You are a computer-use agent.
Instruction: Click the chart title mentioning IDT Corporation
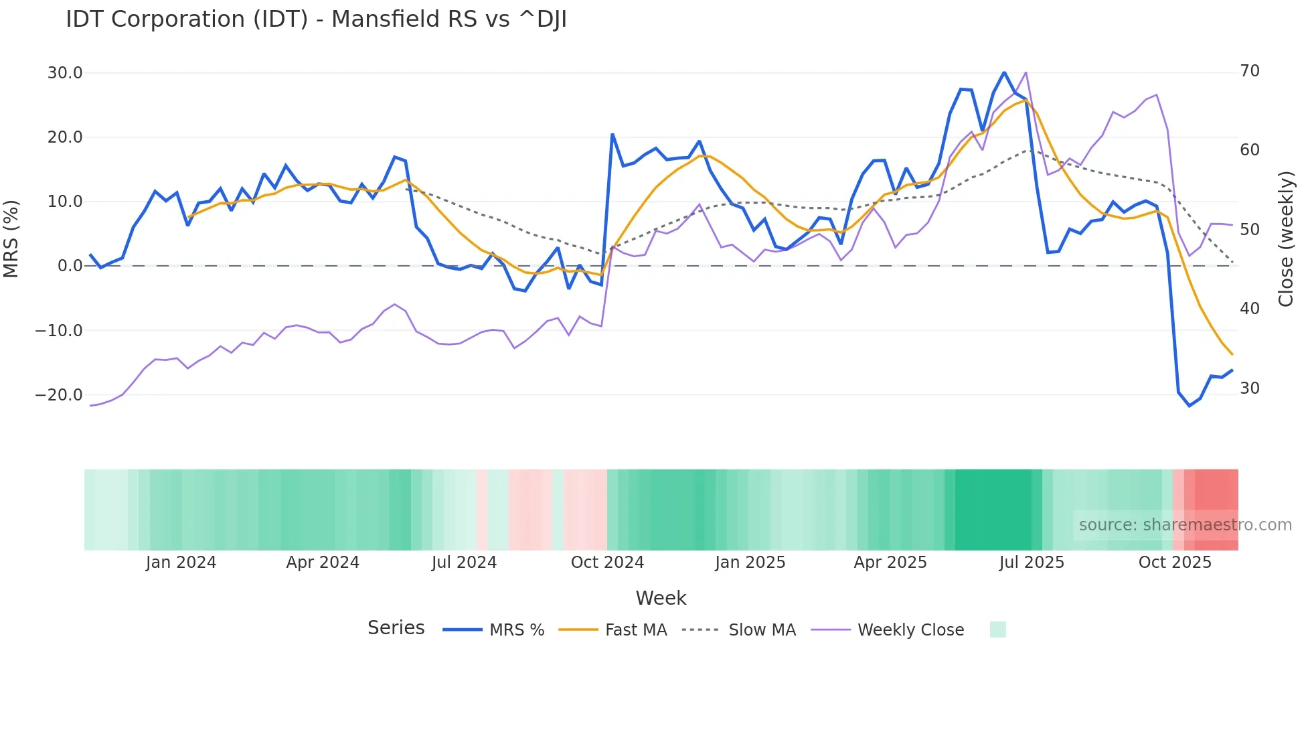316,19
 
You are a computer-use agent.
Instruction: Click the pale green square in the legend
997,630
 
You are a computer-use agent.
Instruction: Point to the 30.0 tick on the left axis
65,73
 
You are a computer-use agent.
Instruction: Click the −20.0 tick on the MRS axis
59,395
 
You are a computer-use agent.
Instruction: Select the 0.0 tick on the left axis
70,266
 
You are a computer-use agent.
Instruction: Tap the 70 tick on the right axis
1249,71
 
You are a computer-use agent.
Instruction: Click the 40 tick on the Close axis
1249,309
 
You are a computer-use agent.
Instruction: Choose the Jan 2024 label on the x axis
181,563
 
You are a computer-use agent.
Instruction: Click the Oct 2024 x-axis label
607,563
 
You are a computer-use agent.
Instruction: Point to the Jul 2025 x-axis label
1032,563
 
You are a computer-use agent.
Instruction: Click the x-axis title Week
661,598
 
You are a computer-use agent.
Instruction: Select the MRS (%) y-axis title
11,238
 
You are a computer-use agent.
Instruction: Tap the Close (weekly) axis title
1286,238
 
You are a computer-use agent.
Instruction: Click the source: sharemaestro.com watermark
1185,525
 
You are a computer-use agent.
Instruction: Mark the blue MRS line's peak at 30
1004,72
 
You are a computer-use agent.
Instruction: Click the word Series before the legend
396,628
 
